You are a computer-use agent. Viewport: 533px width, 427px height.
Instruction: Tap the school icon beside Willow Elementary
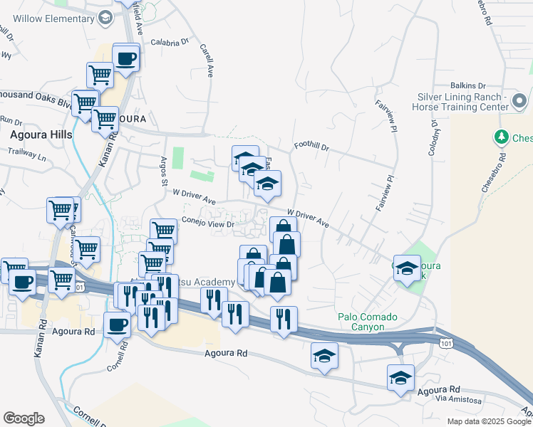pos(105,16)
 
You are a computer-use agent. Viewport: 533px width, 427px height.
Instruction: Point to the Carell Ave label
pos(207,61)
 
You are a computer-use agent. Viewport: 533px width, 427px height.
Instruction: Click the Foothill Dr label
pos(312,147)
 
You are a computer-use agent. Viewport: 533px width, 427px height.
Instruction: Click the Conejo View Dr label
pos(208,223)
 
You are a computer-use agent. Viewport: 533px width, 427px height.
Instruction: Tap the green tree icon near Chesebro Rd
pos(501,136)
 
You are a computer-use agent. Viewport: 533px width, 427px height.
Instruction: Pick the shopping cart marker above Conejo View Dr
pos(163,231)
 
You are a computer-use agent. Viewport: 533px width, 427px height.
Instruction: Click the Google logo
pos(24,418)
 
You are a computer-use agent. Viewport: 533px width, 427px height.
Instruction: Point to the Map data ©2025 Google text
pos(488,421)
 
